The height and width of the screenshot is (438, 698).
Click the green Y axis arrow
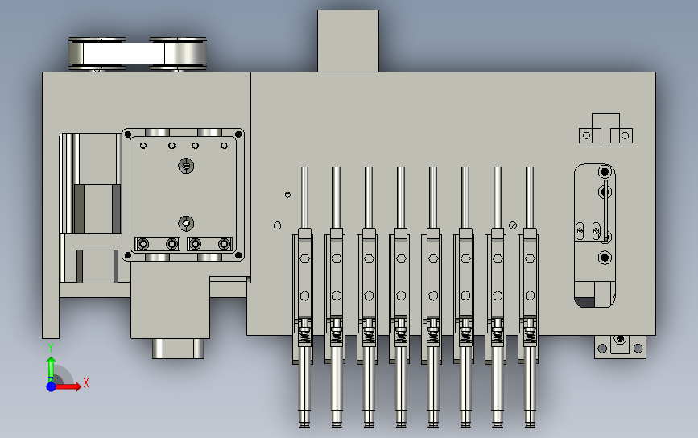pyautogui.click(x=52, y=368)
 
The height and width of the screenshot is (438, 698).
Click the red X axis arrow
pyautogui.click(x=68, y=386)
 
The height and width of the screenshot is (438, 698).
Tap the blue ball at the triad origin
pyautogui.click(x=52, y=386)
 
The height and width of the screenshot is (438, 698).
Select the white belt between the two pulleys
pyautogui.click(x=124, y=53)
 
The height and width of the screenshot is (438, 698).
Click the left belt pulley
pyautogui.click(x=97, y=54)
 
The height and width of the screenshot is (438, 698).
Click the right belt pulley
pyautogui.click(x=178, y=54)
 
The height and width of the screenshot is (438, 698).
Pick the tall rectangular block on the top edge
pyautogui.click(x=348, y=41)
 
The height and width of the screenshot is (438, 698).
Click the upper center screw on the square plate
pyautogui.click(x=186, y=166)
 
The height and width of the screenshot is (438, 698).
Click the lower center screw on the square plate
pyautogui.click(x=186, y=223)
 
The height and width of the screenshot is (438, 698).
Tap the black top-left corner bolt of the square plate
pyautogui.click(x=128, y=134)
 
